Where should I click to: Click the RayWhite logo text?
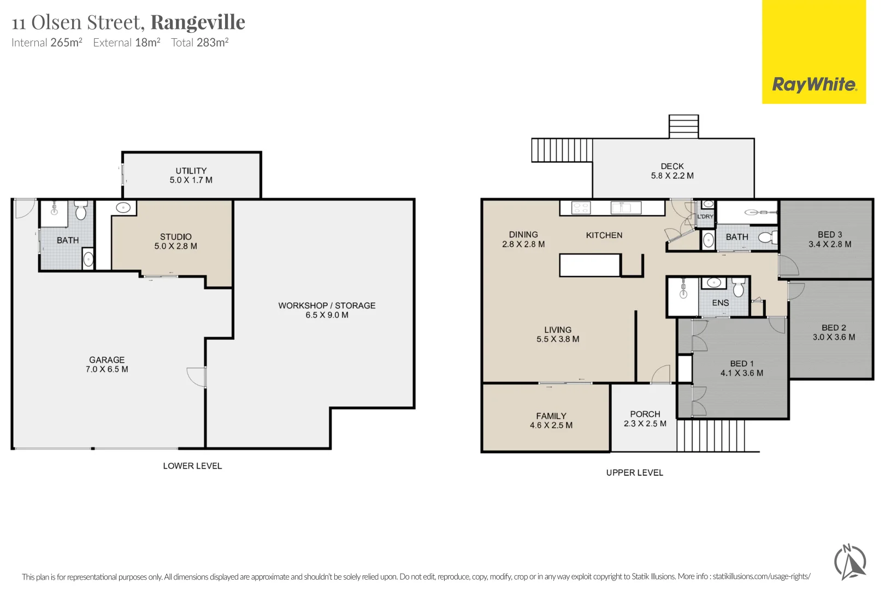click(x=814, y=85)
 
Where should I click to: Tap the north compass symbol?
click(x=850, y=562)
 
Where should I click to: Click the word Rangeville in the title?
click(x=198, y=22)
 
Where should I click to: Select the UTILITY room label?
click(x=191, y=171)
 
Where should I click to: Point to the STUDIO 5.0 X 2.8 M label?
click(x=175, y=241)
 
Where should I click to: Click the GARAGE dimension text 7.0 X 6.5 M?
click(x=107, y=369)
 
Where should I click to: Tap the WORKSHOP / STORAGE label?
click(x=327, y=305)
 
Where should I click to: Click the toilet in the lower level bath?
click(x=81, y=211)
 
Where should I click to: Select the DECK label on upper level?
click(x=672, y=167)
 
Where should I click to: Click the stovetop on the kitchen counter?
click(x=581, y=208)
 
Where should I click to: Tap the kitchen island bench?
click(x=590, y=265)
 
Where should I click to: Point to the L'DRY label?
click(x=705, y=217)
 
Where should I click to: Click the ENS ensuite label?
click(x=720, y=303)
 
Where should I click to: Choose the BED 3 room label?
click(x=829, y=234)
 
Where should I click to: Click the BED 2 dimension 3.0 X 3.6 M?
click(x=834, y=337)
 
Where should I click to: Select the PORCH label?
click(x=645, y=414)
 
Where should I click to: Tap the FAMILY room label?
click(x=551, y=416)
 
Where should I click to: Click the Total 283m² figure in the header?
click(x=200, y=43)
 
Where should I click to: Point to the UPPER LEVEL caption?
click(x=634, y=473)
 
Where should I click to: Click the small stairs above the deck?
click(x=683, y=126)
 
